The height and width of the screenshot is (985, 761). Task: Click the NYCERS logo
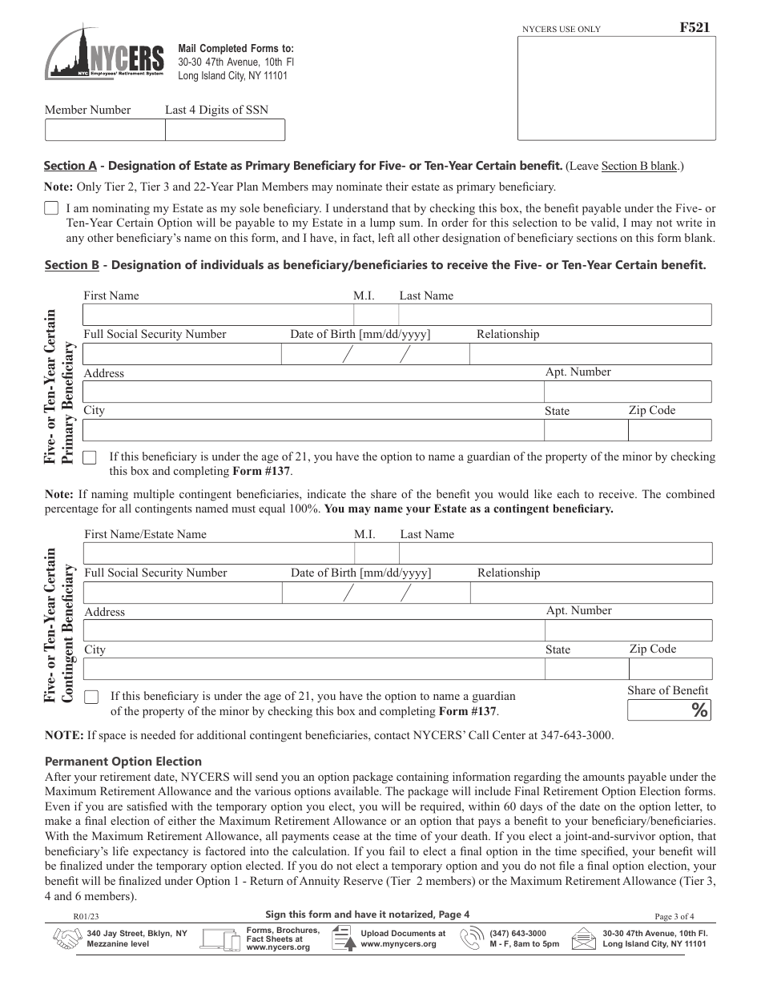(104, 54)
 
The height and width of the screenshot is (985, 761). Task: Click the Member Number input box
(104, 130)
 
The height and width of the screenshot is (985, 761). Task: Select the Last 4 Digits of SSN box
(224, 130)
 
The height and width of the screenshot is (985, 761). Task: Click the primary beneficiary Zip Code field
(670, 430)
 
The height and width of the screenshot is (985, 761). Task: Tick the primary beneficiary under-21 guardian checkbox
(90, 457)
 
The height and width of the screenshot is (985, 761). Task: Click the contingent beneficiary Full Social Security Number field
(182, 592)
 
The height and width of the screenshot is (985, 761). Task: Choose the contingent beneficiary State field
(584, 669)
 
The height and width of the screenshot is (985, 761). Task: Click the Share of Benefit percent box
(669, 710)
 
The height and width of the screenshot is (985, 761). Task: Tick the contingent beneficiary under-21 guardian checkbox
(91, 696)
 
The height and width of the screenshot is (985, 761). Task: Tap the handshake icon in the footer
(66, 939)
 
